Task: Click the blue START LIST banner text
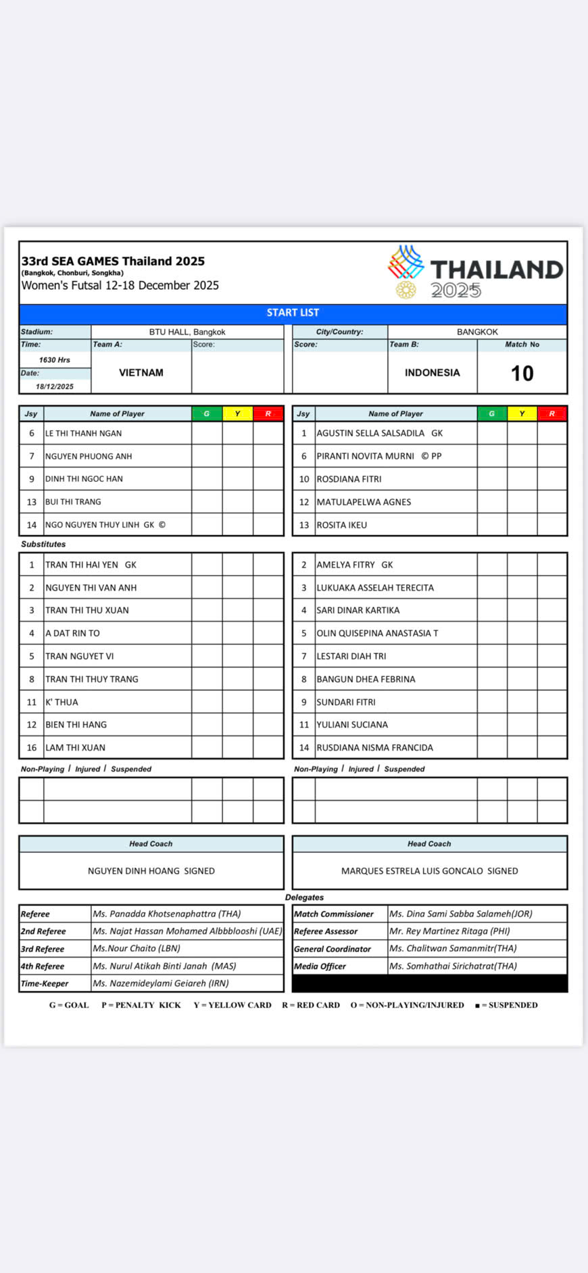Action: pyautogui.click(x=293, y=313)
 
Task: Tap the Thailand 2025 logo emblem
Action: pyautogui.click(x=406, y=270)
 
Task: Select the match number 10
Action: pyautogui.click(x=522, y=373)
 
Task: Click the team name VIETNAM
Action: pyautogui.click(x=141, y=372)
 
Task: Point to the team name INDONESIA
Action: pyautogui.click(x=432, y=372)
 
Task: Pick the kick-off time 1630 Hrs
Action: pyautogui.click(x=55, y=360)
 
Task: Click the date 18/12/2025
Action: pyautogui.click(x=55, y=386)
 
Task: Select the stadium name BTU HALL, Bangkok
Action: pyautogui.click(x=187, y=332)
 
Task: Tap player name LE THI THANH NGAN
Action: pyautogui.click(x=84, y=433)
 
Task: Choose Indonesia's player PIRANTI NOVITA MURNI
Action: pyautogui.click(x=366, y=456)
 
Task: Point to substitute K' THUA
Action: pyautogui.click(x=62, y=702)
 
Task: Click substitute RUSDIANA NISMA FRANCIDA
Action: pyautogui.click(x=375, y=747)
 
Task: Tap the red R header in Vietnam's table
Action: pyautogui.click(x=268, y=414)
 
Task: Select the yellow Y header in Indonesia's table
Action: pyautogui.click(x=522, y=414)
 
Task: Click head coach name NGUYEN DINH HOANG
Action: pyautogui.click(x=134, y=871)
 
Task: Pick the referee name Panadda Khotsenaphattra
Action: pyautogui.click(x=167, y=914)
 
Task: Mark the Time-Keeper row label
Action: pyautogui.click(x=45, y=983)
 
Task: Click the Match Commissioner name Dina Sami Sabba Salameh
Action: pyautogui.click(x=461, y=914)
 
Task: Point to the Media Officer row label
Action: pyautogui.click(x=320, y=966)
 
